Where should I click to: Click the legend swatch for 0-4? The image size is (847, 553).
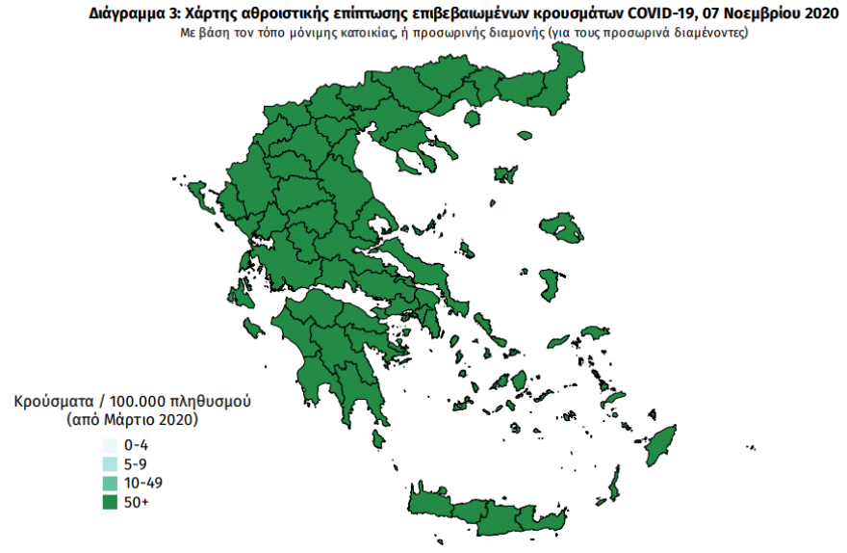coord(111,445)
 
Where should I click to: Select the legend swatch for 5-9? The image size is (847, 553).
coord(111,463)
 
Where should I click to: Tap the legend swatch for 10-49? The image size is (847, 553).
coord(111,483)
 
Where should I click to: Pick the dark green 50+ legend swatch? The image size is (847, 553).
coord(111,502)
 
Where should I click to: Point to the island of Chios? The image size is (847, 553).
coord(552,284)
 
